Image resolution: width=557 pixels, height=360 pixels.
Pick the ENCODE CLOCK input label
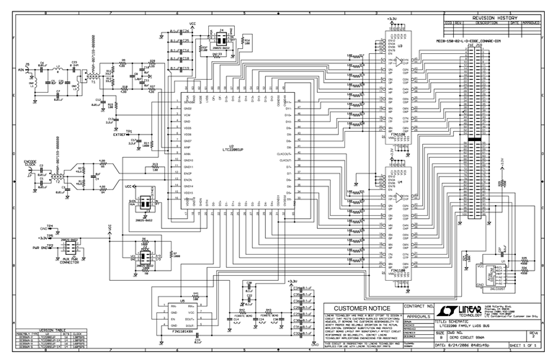30,162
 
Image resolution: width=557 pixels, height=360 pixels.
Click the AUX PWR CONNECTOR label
71,257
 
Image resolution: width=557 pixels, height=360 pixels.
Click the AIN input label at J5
20,71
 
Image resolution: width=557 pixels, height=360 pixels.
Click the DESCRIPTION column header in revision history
487,23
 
